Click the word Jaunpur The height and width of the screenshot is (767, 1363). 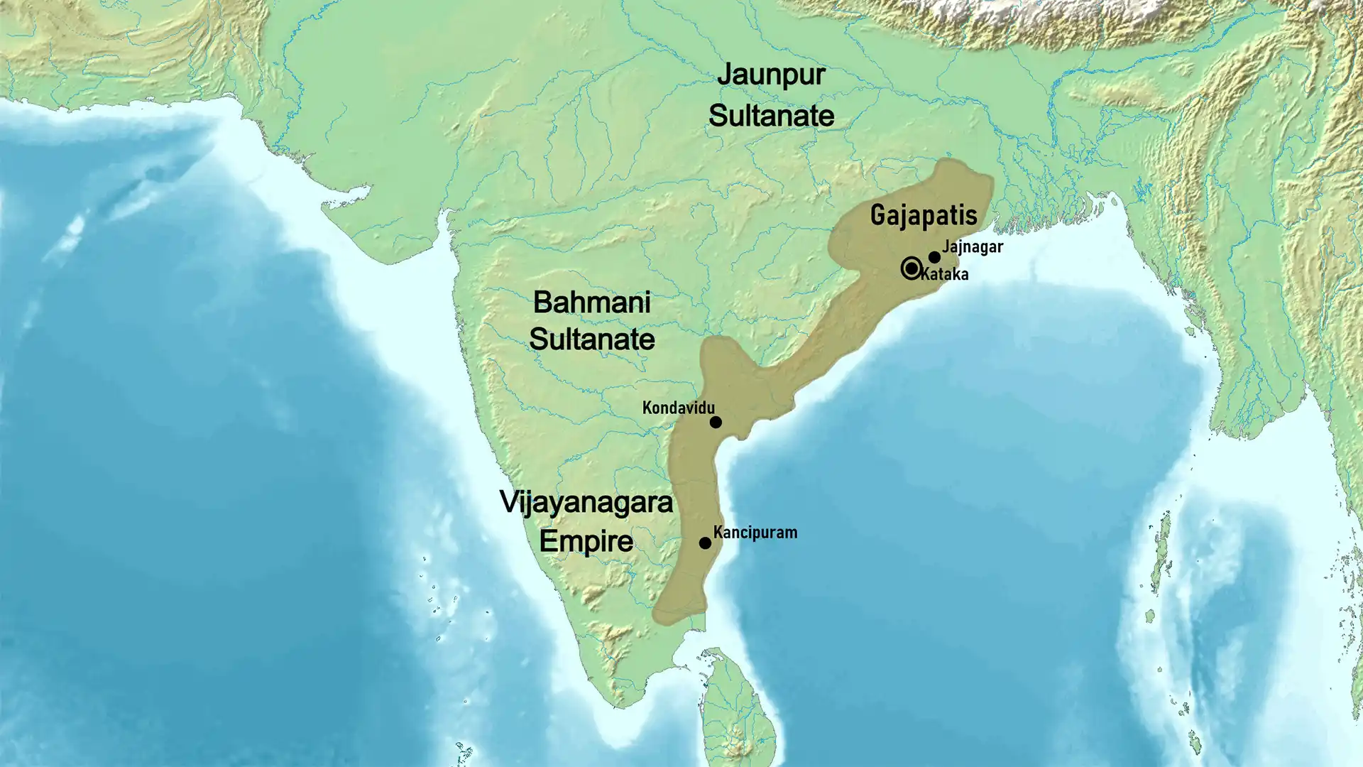click(x=771, y=75)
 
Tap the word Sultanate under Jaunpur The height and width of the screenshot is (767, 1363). click(x=772, y=116)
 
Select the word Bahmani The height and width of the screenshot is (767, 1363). click(x=591, y=303)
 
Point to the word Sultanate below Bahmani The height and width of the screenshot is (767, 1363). click(x=591, y=339)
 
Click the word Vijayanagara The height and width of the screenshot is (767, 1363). click(x=586, y=503)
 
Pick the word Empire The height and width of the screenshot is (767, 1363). click(x=586, y=541)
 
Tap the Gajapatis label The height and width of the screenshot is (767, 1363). click(x=924, y=214)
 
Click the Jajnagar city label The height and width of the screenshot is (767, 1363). click(x=972, y=246)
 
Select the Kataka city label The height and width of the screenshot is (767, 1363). click(x=945, y=274)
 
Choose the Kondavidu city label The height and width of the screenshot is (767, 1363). click(x=678, y=408)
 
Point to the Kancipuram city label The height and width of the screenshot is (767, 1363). click(x=755, y=533)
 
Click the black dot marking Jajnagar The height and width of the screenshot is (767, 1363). click(x=934, y=257)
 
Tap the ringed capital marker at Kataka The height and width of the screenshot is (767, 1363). click(x=912, y=268)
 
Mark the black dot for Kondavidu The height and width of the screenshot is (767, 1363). click(x=716, y=423)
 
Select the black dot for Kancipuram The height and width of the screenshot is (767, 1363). click(x=705, y=543)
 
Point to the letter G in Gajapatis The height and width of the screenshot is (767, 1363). click(x=877, y=214)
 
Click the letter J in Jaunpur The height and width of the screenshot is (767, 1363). click(x=725, y=74)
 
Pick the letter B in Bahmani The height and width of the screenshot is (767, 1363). click(x=542, y=303)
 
